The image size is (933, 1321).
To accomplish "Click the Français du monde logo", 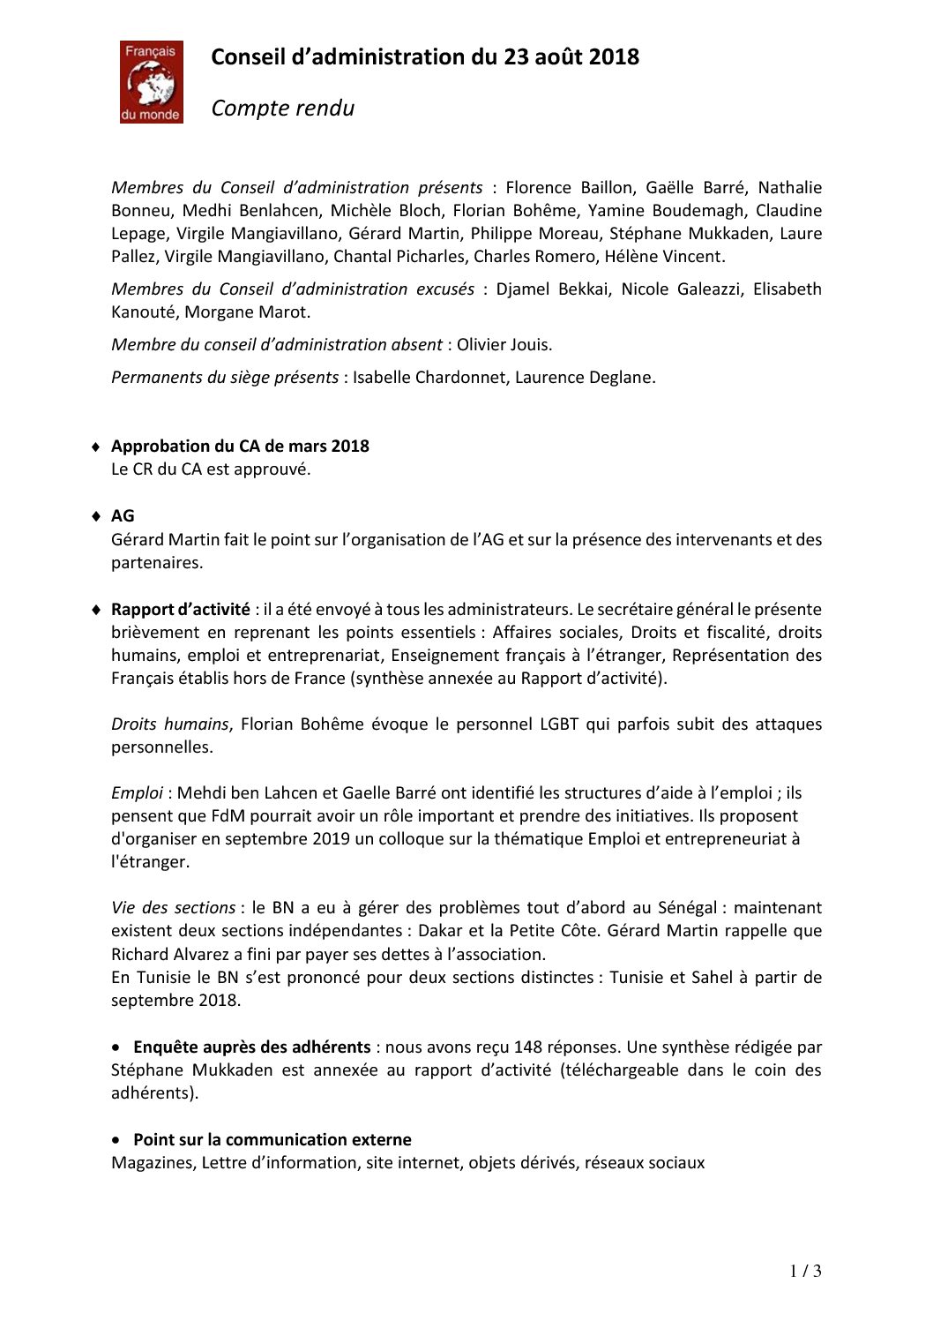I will tap(152, 82).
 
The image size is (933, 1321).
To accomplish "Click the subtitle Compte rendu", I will tap(283, 109).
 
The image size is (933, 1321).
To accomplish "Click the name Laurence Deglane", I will tap(585, 378).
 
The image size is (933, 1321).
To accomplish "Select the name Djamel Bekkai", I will tap(552, 289).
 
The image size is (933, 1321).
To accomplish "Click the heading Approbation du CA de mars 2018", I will tap(240, 447).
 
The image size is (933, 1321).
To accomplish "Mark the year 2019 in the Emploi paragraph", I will tap(331, 839).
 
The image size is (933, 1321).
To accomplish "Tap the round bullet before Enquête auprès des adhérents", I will tap(117, 1047).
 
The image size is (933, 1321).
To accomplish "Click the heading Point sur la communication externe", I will tap(272, 1140).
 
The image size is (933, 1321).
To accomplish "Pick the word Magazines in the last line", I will tap(152, 1163).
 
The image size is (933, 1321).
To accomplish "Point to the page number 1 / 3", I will tap(805, 1272).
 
